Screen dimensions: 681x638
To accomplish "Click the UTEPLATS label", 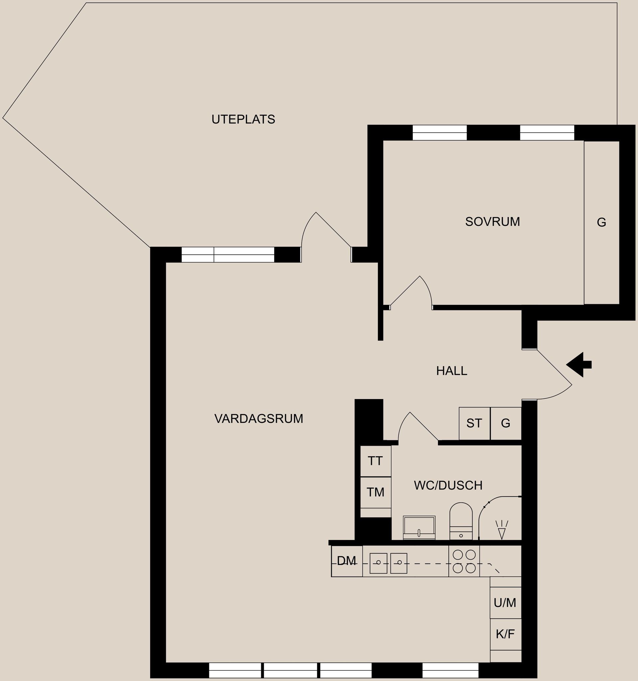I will point(243,119).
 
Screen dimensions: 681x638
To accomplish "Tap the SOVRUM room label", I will point(492,222).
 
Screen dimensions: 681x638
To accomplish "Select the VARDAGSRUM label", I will point(259,419).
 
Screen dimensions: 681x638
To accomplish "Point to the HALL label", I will point(452,371).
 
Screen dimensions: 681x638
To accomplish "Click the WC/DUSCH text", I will point(448,485).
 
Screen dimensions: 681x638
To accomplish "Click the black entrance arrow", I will point(579,364).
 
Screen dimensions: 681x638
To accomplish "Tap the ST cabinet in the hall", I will point(474,423).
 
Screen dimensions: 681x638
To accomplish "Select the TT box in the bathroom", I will point(375,461).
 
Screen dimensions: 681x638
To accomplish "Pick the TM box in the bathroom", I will point(375,492).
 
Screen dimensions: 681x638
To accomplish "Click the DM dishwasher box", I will point(346,561).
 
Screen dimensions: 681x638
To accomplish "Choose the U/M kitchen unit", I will point(505,603).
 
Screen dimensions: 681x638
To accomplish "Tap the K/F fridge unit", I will point(505,634).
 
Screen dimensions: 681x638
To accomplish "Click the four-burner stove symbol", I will point(464,561).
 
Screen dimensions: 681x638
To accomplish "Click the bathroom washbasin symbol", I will point(419,527).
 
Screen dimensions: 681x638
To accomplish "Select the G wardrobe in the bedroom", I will point(601,222).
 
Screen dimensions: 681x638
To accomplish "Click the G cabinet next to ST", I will point(505,423).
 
